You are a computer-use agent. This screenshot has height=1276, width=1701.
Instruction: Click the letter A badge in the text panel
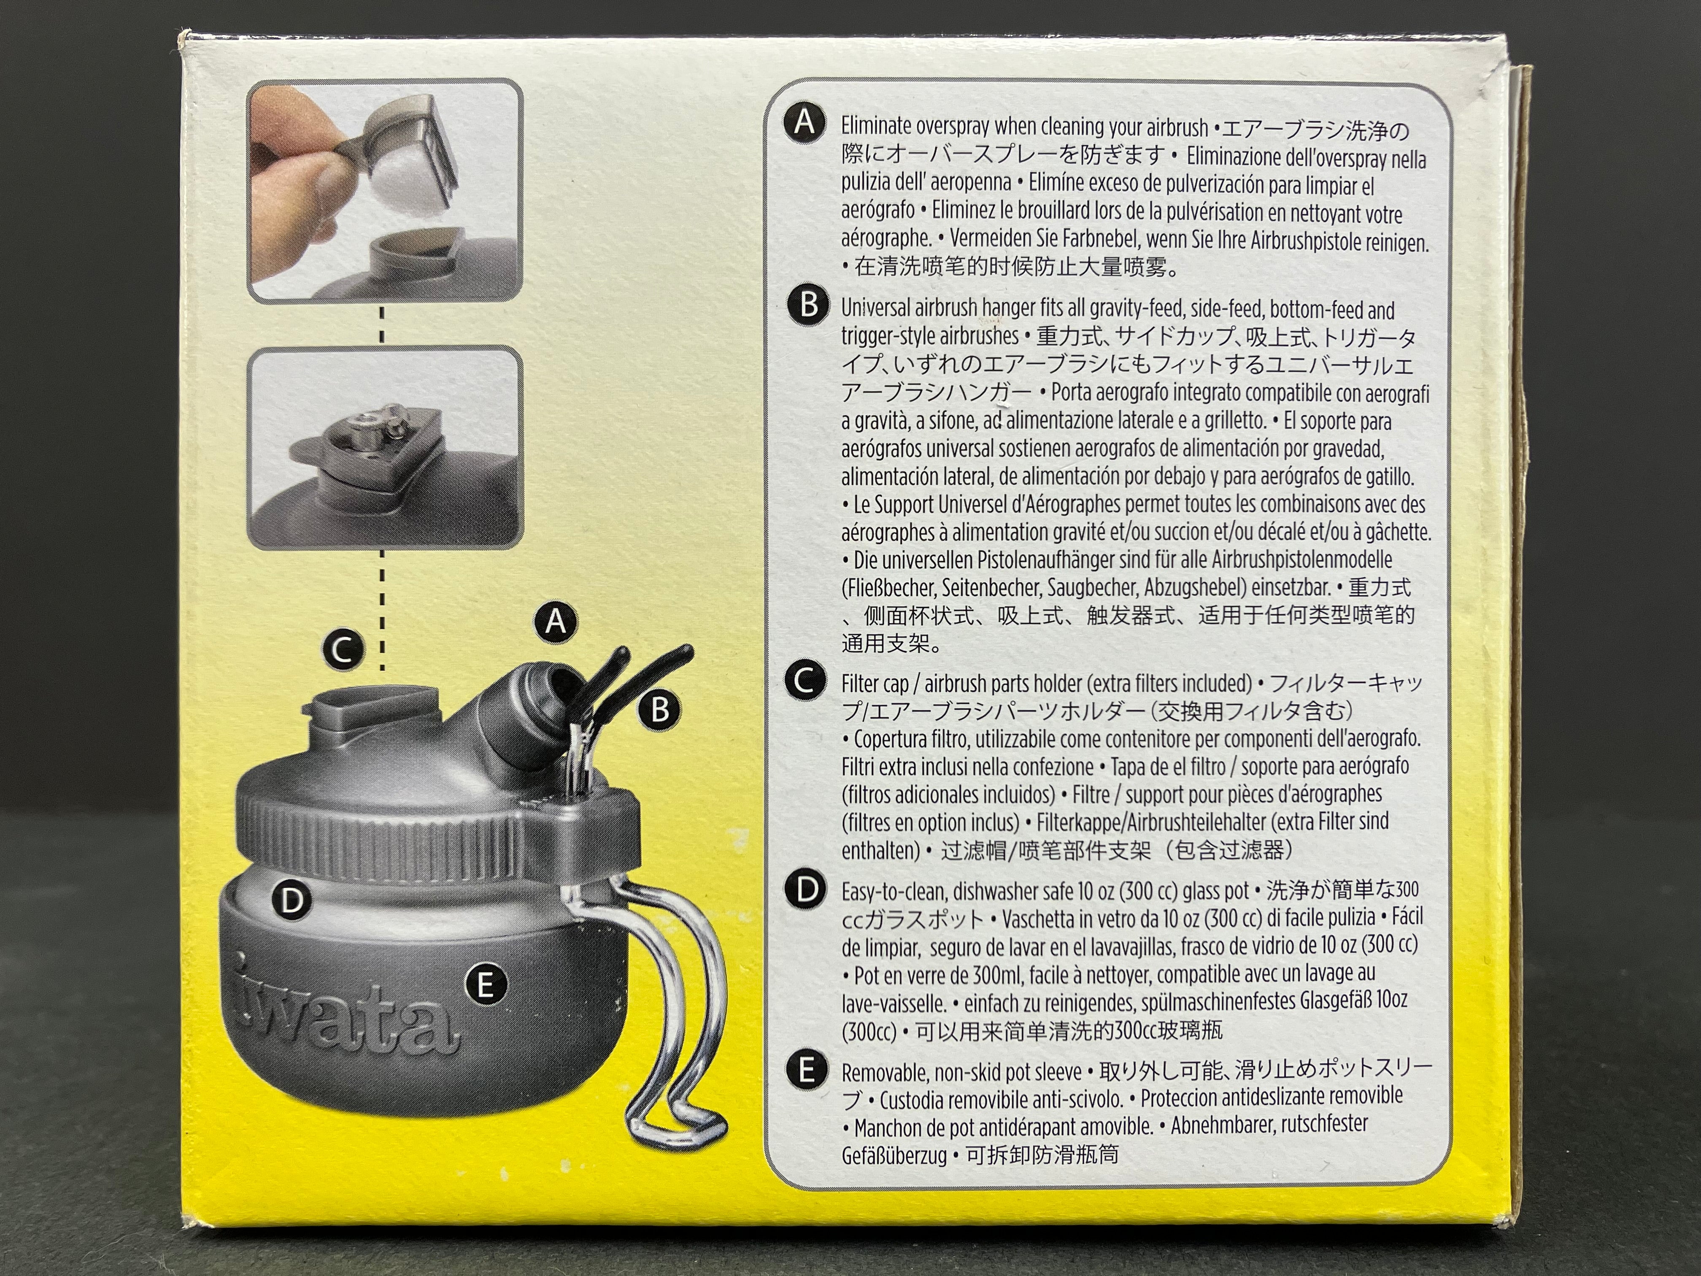805,124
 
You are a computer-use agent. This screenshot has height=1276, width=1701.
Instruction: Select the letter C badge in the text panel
805,681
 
